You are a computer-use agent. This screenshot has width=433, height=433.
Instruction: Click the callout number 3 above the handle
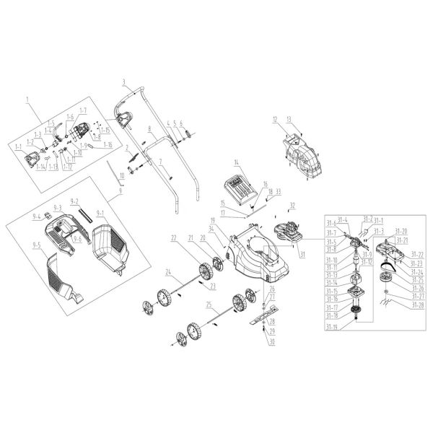point(123,81)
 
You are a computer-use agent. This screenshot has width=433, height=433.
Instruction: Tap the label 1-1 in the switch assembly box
point(19,147)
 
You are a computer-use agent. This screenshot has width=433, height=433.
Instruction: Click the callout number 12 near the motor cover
point(275,118)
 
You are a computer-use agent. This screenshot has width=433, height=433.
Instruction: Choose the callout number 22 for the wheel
point(173,238)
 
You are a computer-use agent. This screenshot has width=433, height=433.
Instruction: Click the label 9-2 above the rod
point(74,200)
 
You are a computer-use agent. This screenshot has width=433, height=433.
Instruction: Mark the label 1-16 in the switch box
point(108,145)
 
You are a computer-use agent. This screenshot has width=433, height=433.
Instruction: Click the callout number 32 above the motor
point(292,204)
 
